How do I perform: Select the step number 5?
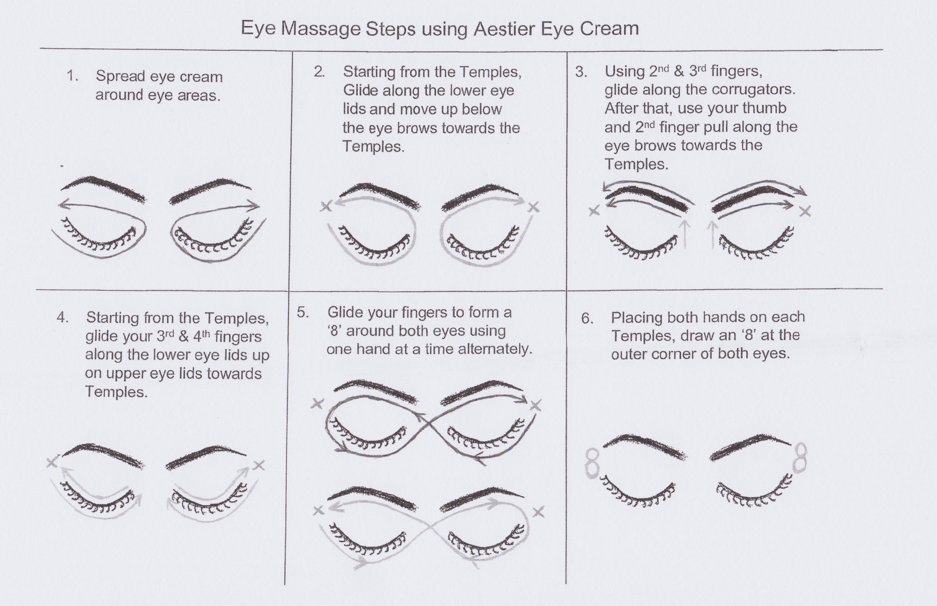pyautogui.click(x=302, y=312)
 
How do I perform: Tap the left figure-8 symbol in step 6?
pyautogui.click(x=591, y=463)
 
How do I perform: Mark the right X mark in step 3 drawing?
pyautogui.click(x=805, y=211)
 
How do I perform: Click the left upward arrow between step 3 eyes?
pyautogui.click(x=685, y=234)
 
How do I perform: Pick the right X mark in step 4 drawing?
pyautogui.click(x=259, y=465)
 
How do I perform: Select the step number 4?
pyautogui.click(x=63, y=317)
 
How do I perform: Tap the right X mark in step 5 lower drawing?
pyautogui.click(x=539, y=512)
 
